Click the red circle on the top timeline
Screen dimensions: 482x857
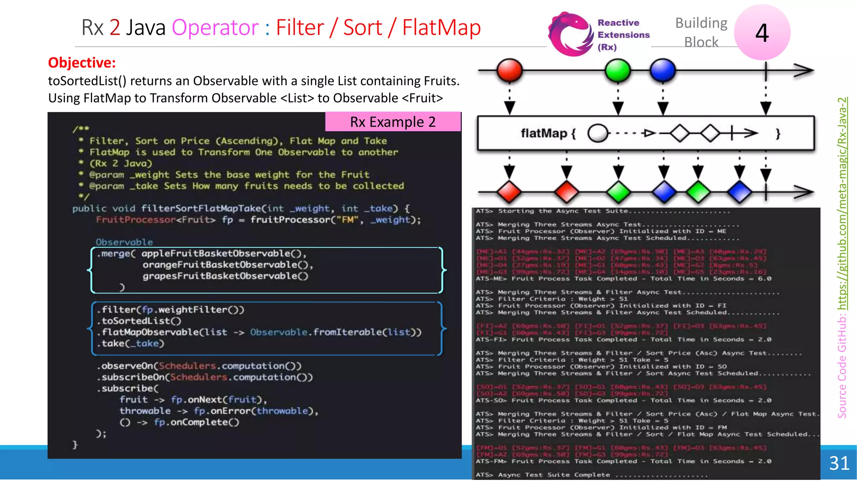pos(509,70)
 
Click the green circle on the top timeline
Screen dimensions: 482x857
pos(618,70)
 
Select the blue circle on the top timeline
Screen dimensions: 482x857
pos(663,70)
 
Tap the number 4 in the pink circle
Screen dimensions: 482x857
pos(762,33)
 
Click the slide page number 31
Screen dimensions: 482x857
pos(839,463)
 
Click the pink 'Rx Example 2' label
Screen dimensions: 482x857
pos(393,122)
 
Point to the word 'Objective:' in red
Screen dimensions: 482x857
pos(82,62)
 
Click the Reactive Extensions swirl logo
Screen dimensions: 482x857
pos(570,34)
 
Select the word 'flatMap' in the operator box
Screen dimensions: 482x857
pos(544,133)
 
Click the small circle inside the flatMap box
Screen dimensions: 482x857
pos(598,133)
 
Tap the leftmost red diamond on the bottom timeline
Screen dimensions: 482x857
pos(509,192)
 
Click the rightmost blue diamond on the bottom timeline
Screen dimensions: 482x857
pos(740,192)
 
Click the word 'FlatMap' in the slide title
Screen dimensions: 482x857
pos(441,28)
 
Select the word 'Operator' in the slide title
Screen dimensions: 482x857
pos(215,28)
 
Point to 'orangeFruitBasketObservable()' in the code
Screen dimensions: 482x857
pos(228,265)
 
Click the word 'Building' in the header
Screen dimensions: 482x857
pos(701,23)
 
